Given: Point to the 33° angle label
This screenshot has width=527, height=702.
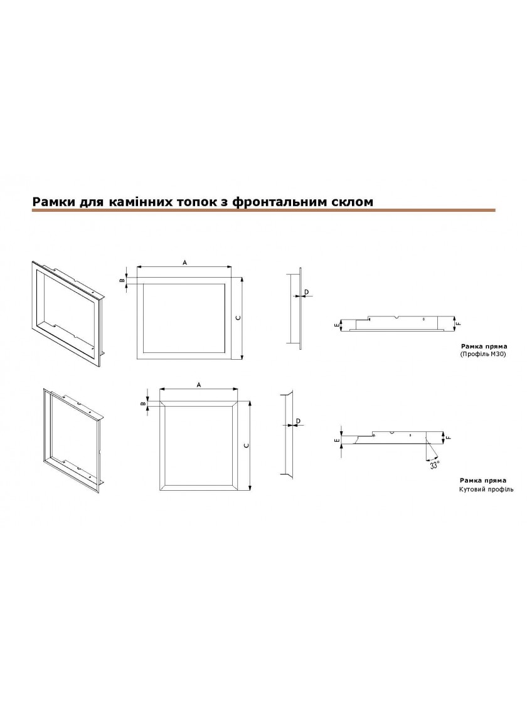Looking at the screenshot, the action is [434, 465].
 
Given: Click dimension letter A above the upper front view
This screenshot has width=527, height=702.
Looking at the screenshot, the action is [184, 263].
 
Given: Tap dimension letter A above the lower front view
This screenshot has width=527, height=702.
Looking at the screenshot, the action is [198, 385].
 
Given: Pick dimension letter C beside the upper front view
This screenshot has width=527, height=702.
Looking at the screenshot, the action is [238, 317].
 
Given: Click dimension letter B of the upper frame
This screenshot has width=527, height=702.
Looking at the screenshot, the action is [121, 280].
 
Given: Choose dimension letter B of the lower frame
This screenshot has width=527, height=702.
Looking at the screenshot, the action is [143, 404].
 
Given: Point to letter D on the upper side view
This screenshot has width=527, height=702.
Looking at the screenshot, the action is [307, 292].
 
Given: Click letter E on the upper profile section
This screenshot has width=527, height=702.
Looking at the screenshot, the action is [336, 325].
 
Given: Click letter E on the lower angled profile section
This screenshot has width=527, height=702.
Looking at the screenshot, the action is [336, 441].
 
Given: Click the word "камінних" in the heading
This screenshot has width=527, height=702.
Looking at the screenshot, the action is [138, 202].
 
